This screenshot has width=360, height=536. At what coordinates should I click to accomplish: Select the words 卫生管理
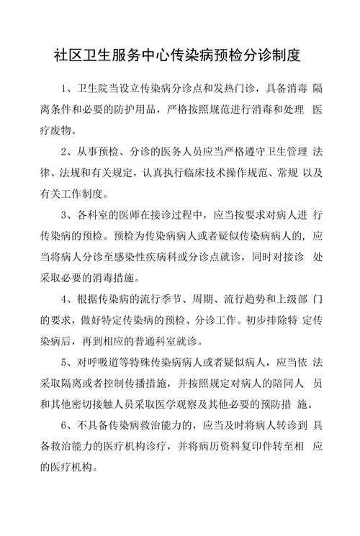[x=285, y=153]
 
